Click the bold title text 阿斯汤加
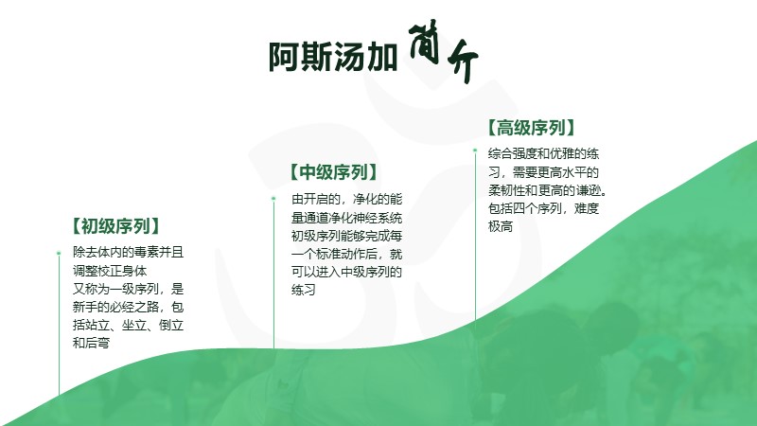click(x=333, y=57)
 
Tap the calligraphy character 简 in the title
click(x=424, y=42)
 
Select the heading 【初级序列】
click(x=115, y=226)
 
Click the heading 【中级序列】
click(x=334, y=172)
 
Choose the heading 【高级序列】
click(x=531, y=128)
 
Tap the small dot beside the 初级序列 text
click(x=59, y=253)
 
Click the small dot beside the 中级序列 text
click(x=273, y=199)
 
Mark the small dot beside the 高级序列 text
click(x=475, y=151)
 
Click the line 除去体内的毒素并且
click(x=128, y=252)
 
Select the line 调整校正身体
click(x=110, y=271)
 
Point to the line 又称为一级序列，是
click(x=128, y=289)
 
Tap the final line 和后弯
click(x=91, y=343)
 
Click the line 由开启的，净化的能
click(x=346, y=199)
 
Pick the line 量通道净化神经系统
click(x=346, y=218)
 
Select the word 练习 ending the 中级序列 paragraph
click(x=303, y=290)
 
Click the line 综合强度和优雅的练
click(x=543, y=153)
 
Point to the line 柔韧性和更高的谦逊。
click(x=547, y=190)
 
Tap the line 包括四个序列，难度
click(x=543, y=208)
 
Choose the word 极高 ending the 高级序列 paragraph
click(x=501, y=226)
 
